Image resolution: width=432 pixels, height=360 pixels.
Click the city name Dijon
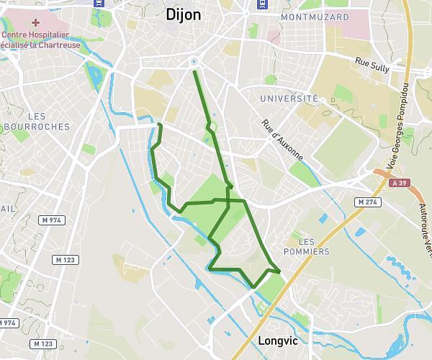tap(183, 14)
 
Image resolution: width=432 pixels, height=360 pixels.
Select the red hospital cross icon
tap(35, 22)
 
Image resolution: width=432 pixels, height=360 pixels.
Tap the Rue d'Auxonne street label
tap(283, 139)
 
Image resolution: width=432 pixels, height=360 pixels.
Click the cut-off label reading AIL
tap(8, 208)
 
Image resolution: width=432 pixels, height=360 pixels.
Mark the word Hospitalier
tap(50, 34)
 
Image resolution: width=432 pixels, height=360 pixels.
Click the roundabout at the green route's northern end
tap(194, 61)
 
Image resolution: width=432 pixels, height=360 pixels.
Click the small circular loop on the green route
tap(212, 127)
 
